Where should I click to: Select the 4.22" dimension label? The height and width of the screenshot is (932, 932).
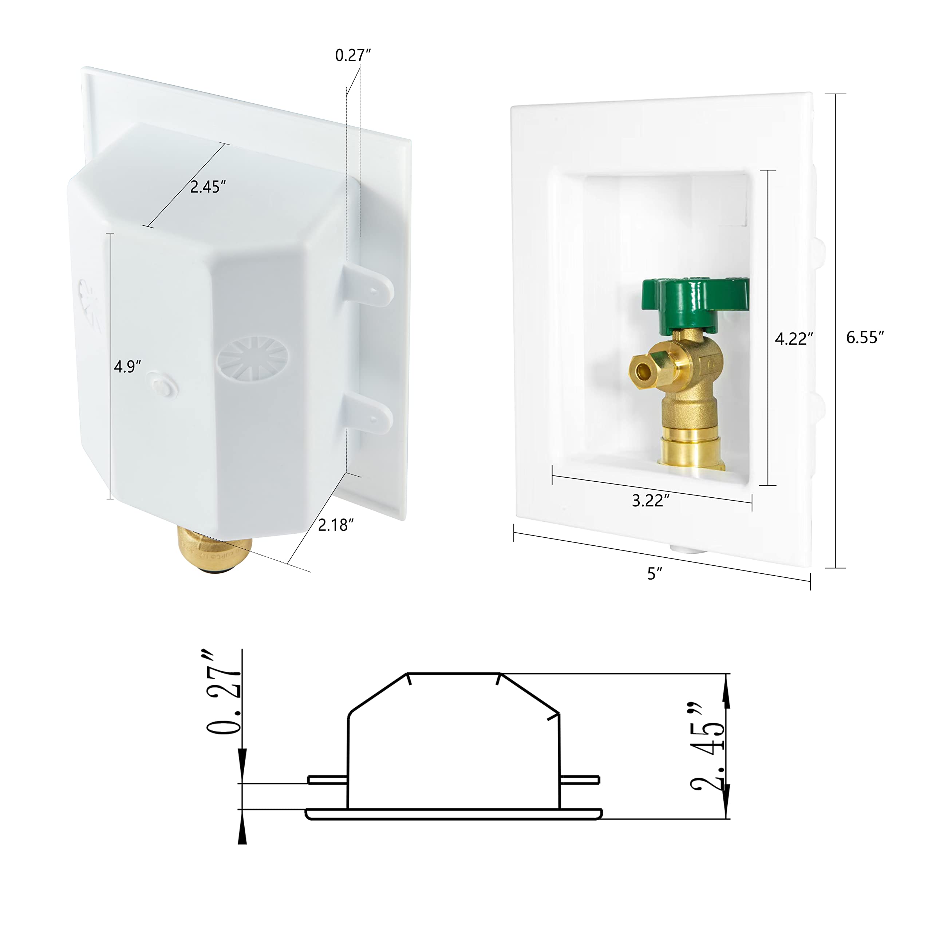coord(794,339)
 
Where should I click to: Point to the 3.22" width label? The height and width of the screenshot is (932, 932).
coord(651,501)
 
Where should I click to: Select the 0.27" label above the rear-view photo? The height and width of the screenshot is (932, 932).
coord(353,55)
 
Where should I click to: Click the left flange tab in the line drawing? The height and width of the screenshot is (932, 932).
coord(327,780)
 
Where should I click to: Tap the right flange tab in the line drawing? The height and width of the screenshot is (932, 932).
coord(580,780)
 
